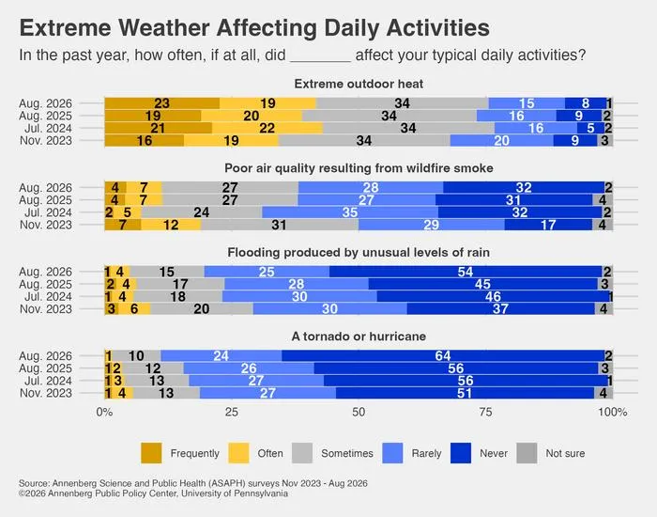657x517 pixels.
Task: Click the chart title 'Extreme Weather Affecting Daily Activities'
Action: [254, 28]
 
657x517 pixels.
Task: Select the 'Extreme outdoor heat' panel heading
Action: [359, 84]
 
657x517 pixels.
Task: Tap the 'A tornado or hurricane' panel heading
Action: [359, 337]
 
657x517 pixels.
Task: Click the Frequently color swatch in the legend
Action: [151, 453]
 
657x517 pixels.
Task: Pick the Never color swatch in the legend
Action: [461, 453]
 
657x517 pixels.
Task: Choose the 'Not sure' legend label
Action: [565, 453]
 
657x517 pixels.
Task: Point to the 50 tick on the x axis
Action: [359, 412]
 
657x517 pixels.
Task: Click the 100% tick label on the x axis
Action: [613, 412]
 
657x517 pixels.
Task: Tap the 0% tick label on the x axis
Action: [104, 412]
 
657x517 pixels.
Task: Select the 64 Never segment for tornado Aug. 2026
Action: [443, 356]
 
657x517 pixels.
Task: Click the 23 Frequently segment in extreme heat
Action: [162, 103]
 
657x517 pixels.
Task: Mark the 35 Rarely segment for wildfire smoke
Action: [350, 212]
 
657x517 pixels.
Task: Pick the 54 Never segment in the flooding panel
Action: [466, 272]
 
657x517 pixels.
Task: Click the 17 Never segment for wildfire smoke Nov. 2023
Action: [548, 225]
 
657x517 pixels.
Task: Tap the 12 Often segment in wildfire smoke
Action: [171, 225]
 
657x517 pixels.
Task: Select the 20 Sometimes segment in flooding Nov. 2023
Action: [202, 309]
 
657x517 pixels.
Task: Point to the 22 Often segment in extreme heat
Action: [267, 128]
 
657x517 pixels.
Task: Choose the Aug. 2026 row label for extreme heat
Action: [46, 103]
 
